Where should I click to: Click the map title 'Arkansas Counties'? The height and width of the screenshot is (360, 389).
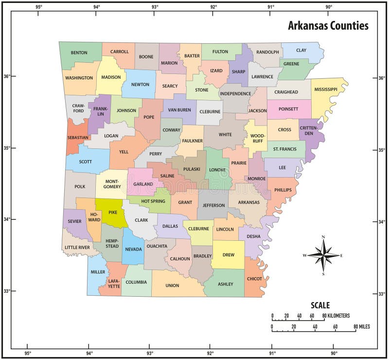coord(328,26)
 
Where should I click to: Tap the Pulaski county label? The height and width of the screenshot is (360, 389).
coord(192,169)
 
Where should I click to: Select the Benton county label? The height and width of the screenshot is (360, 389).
coord(79,53)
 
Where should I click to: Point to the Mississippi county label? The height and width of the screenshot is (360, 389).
coord(325,90)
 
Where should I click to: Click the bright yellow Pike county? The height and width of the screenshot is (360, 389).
coord(113,213)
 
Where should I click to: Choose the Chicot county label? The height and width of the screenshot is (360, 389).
coord(254,279)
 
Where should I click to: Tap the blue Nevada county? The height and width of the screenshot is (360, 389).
coord(133,248)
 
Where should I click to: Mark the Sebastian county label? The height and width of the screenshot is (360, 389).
coord(78,138)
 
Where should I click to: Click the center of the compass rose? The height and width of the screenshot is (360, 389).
coord(324,254)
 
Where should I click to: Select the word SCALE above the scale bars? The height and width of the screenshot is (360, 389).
coord(320,306)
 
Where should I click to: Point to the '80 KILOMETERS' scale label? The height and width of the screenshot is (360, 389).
coord(338,316)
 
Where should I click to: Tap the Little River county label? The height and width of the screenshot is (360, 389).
coord(77,248)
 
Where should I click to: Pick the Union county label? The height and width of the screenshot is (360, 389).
coord(172,286)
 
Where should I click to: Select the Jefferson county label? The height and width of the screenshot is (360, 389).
coord(214,205)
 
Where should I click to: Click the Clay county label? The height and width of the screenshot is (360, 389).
coord(301,50)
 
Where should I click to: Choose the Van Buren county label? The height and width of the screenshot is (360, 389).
coord(179,110)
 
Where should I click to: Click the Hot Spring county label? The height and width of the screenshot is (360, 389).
coord(153,201)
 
